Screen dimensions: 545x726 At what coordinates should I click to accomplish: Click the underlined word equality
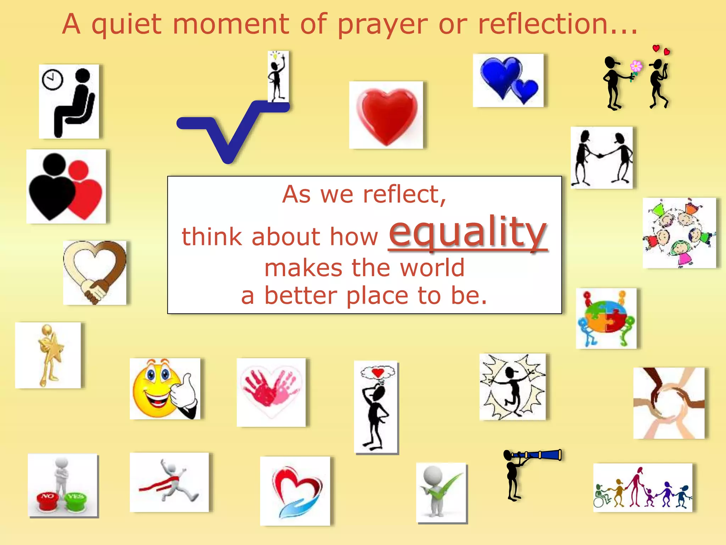[x=468, y=232]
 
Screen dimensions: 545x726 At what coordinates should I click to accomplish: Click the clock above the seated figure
[x=52, y=79]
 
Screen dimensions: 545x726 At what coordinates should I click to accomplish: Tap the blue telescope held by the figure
[x=542, y=455]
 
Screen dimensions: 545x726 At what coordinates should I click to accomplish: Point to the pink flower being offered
[x=636, y=66]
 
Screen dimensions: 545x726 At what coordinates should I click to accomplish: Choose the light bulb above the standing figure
[x=275, y=56]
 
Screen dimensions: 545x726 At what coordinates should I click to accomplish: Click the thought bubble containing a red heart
[x=378, y=373]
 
